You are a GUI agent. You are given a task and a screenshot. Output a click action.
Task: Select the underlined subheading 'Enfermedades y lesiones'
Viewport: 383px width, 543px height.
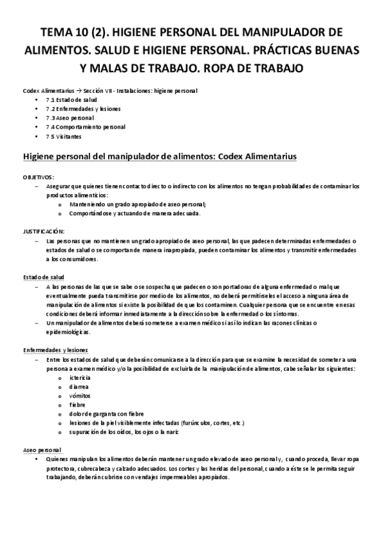coord(56,350)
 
